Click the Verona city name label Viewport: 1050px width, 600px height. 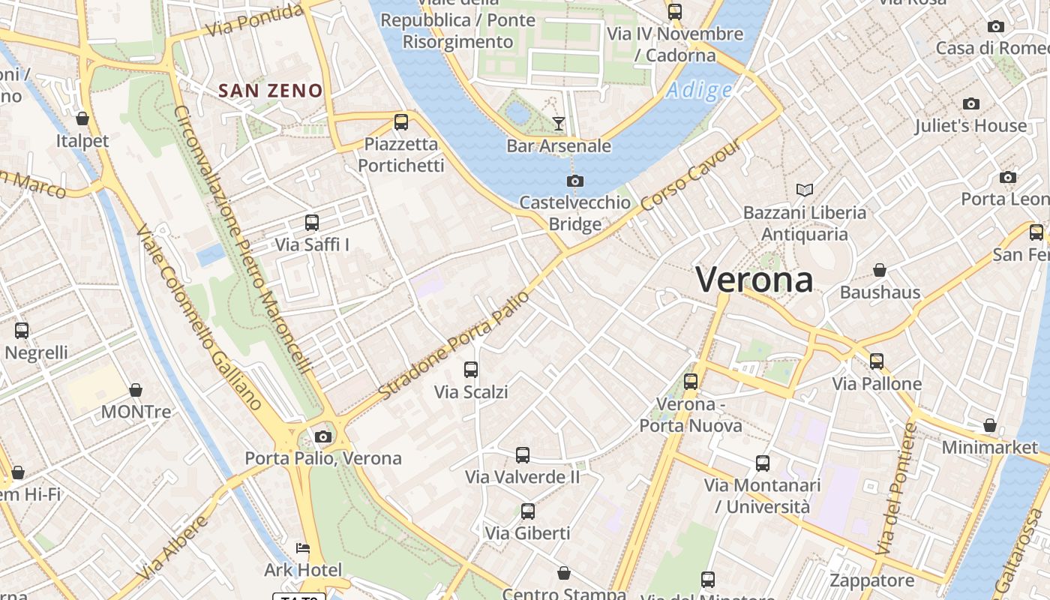[754, 280]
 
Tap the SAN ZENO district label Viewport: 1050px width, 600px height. [270, 91]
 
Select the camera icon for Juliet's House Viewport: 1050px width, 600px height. [971, 103]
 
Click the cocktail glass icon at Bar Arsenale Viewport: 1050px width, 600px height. [559, 123]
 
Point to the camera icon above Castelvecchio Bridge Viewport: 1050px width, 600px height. [575, 181]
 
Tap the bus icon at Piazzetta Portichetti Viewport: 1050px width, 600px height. [401, 121]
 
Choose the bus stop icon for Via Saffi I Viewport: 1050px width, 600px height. [312, 222]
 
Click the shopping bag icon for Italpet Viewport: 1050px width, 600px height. [82, 118]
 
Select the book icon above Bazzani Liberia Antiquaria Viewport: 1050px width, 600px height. [805, 190]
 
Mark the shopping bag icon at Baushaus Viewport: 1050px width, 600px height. [880, 270]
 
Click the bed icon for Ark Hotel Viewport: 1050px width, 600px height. [303, 548]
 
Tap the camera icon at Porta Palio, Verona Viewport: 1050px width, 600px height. [323, 436]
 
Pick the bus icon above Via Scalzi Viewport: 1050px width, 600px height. [471, 369]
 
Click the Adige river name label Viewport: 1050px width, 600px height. [698, 91]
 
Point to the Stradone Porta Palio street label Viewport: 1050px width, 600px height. [454, 345]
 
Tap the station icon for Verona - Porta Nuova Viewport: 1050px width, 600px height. [691, 382]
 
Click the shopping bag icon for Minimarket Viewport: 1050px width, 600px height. [990, 425]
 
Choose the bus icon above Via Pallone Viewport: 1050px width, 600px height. [877, 361]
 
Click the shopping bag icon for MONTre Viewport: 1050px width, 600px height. [136, 390]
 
